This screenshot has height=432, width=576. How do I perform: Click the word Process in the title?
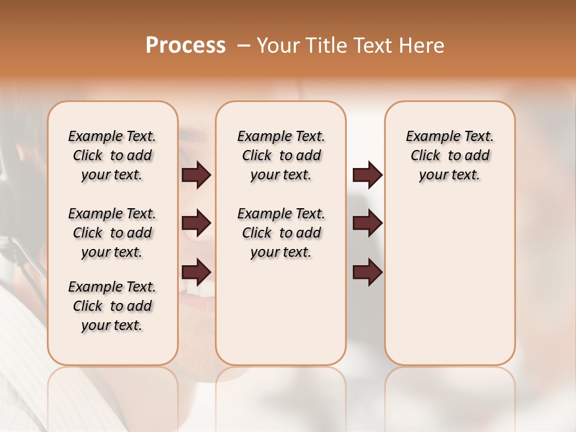click(185, 46)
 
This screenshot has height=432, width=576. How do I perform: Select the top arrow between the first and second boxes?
click(196, 175)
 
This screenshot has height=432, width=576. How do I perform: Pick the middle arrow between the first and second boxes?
click(196, 223)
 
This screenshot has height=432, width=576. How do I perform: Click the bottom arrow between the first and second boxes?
click(196, 272)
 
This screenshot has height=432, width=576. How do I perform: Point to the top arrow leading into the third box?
click(367, 175)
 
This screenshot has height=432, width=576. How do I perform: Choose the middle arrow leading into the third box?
click(367, 223)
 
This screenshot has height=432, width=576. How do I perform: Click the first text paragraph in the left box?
click(112, 155)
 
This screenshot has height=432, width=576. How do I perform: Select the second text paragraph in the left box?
click(112, 233)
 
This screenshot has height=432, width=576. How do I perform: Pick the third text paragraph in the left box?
click(112, 306)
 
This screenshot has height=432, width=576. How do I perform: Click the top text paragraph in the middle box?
click(281, 155)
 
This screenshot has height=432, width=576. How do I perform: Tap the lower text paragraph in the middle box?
click(281, 233)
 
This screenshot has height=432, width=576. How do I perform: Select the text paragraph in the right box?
click(450, 155)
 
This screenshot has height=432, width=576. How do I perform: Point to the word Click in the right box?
click(425, 156)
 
